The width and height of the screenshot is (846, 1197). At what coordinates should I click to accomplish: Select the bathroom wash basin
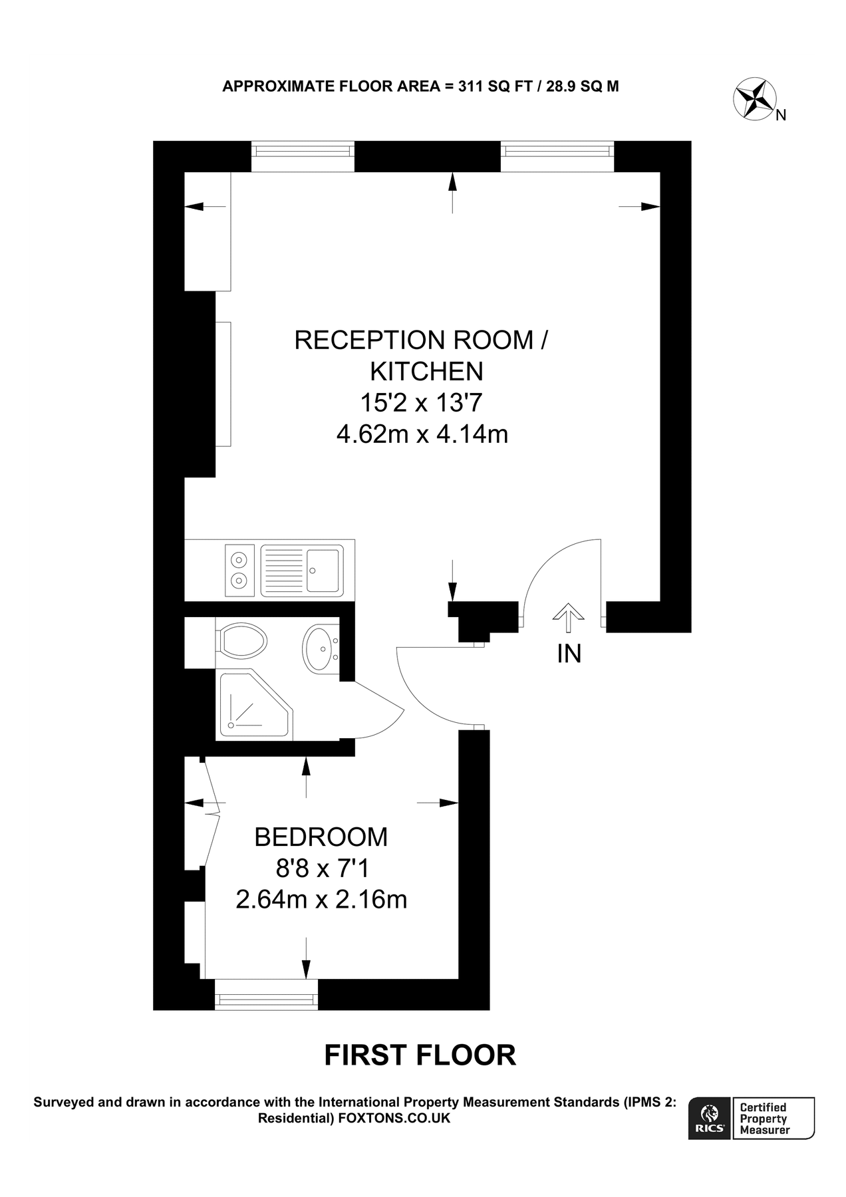click(x=321, y=648)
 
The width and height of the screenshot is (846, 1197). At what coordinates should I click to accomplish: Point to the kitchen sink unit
click(x=303, y=570)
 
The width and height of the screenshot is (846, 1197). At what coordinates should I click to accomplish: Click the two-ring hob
click(x=239, y=570)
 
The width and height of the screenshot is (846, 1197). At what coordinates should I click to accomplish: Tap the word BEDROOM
click(x=321, y=837)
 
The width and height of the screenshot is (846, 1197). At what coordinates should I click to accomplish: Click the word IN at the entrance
click(x=569, y=654)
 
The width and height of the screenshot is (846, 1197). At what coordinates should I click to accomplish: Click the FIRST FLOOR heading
click(x=420, y=1055)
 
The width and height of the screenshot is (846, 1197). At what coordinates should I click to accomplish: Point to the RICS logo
click(x=710, y=1119)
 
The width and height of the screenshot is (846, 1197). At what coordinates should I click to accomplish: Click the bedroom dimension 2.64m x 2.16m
click(x=321, y=900)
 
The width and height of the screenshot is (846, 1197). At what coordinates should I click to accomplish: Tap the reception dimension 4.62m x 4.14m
click(x=422, y=434)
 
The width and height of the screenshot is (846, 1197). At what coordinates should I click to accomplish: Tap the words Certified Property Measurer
click(x=764, y=1119)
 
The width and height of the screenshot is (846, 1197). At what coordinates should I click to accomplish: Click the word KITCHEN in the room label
click(x=426, y=371)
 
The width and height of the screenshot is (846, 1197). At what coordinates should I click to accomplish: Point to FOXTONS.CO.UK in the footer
click(x=394, y=1119)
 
